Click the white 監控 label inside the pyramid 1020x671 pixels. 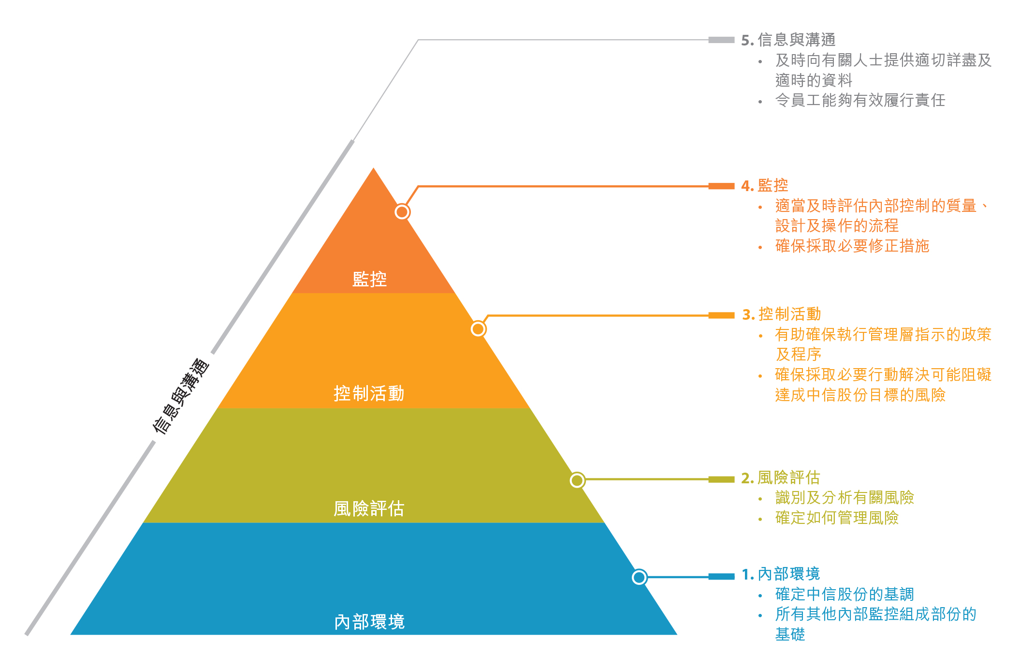coord(369,279)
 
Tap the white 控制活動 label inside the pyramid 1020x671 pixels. coord(369,393)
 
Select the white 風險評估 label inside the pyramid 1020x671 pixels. coord(369,508)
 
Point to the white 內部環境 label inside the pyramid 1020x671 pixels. coord(369,622)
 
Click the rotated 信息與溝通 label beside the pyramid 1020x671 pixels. coord(180,396)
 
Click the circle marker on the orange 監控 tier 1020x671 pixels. coord(402,212)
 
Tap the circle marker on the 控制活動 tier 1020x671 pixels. coord(478,329)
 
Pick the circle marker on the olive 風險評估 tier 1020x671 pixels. coord(577,480)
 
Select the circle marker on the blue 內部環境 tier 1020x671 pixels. coord(640,577)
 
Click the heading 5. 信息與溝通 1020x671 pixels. coord(788,40)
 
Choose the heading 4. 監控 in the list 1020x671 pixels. coord(765,185)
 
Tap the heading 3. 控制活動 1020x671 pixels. coord(782,314)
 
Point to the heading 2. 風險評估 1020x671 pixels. coord(781,478)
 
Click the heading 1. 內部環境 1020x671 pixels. coord(781,574)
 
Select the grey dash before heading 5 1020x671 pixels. coord(721,40)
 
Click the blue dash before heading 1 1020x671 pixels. coord(721,576)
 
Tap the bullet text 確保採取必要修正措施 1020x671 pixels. coord(852,246)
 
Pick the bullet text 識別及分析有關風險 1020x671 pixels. coord(845,497)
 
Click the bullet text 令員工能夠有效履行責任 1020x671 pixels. coord(860,100)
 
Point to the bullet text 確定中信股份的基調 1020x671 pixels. coord(845,594)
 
